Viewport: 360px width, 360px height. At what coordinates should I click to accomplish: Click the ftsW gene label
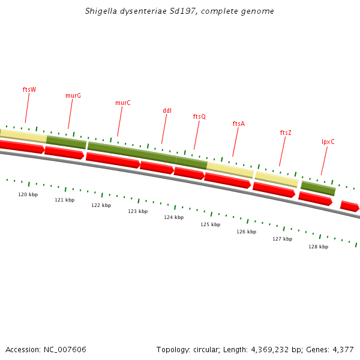point(29,89)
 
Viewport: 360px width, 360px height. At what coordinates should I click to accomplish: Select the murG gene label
point(73,95)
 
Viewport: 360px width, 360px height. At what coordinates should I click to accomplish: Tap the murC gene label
point(123,103)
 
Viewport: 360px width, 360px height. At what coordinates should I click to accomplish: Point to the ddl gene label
point(167,110)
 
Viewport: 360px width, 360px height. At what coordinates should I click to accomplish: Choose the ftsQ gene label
point(199,116)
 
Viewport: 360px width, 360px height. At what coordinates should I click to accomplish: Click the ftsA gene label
point(239,124)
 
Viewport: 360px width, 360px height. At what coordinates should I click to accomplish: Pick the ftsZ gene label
point(286,133)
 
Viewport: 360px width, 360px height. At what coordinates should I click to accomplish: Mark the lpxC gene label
point(328,142)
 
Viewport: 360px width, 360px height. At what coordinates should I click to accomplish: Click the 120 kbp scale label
point(28,194)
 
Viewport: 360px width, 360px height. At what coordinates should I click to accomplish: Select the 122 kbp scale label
point(101,205)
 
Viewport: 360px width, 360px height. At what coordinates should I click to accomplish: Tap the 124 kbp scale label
point(173,217)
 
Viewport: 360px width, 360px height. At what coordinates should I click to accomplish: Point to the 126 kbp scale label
point(246,232)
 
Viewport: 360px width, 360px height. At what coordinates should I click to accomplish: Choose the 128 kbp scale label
point(318,247)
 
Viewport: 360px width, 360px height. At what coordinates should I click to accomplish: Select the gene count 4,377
point(342,349)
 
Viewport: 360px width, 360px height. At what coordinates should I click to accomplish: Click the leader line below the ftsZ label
point(283,151)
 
